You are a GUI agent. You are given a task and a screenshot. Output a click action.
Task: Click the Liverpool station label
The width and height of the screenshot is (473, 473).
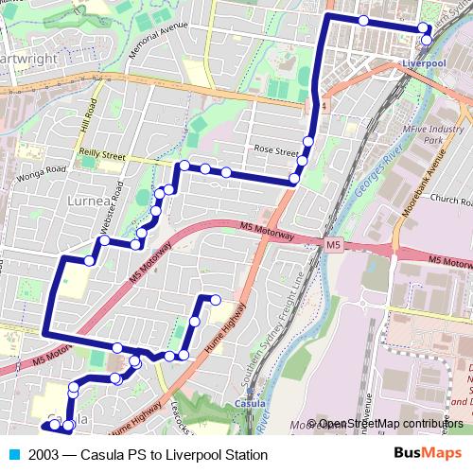pyautogui.click(x=423, y=63)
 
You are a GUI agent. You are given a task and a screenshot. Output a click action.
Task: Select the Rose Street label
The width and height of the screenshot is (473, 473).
pyautogui.click(x=275, y=148)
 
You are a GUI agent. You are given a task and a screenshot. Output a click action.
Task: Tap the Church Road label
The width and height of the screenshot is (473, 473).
pyautogui.click(x=450, y=201)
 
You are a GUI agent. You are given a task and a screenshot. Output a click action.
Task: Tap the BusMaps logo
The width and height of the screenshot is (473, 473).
pyautogui.click(x=428, y=454)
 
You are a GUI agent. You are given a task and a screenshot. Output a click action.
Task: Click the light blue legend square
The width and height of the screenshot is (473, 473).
pyautogui.click(x=13, y=455)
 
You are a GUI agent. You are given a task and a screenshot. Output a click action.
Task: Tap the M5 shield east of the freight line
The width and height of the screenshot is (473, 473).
pyautogui.click(x=332, y=246)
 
